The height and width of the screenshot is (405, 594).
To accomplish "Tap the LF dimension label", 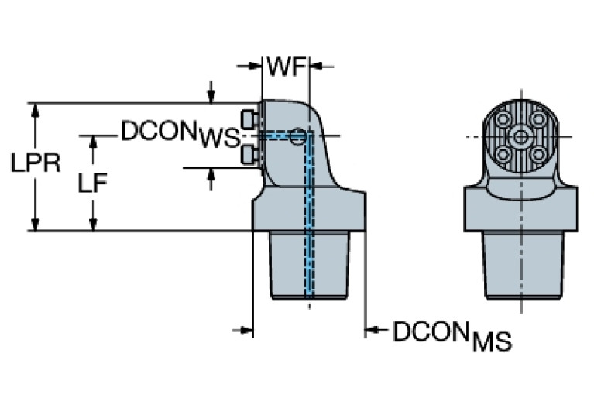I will click(x=94, y=183).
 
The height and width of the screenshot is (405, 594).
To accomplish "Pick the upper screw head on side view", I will click(x=249, y=119).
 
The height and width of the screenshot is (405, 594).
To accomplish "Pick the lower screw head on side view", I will click(x=249, y=155).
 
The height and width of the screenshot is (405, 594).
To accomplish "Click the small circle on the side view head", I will click(x=298, y=139).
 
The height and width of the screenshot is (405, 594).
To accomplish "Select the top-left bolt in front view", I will click(x=504, y=121).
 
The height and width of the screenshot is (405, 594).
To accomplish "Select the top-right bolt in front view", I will click(x=537, y=121).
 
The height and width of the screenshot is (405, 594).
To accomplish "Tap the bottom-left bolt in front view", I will click(x=504, y=154).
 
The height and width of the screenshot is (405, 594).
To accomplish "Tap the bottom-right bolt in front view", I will click(x=537, y=154).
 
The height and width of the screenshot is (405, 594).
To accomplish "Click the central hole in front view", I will click(x=520, y=138).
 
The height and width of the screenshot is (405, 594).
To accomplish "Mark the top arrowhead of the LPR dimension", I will click(x=34, y=109).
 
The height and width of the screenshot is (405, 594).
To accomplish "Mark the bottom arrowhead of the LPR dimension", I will click(x=34, y=224).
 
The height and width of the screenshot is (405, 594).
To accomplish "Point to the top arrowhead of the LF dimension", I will click(x=94, y=142).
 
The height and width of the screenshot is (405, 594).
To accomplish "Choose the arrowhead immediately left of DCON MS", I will click(x=372, y=331).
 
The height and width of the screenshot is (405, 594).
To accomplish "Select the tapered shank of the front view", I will click(x=520, y=263).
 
